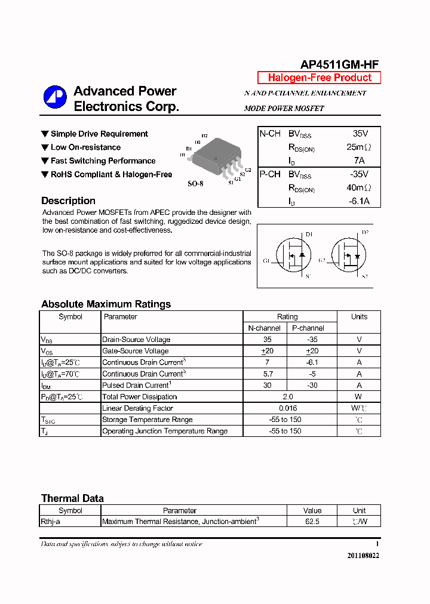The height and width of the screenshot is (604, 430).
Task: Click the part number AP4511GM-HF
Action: click(339, 65)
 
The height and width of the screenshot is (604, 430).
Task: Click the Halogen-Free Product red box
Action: click(319, 78)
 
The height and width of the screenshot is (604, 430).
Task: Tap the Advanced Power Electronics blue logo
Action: click(55, 98)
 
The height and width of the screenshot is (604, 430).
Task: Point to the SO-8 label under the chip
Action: click(195, 184)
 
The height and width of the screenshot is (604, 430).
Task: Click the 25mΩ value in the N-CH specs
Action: click(358, 147)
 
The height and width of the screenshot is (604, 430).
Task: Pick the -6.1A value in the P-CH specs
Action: click(359, 201)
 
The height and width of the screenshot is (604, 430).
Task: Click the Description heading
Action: click(68, 201)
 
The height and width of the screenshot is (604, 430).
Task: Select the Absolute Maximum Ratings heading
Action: click(106, 304)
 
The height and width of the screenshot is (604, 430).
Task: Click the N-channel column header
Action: click(264, 328)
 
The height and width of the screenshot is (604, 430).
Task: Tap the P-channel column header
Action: click(308, 328)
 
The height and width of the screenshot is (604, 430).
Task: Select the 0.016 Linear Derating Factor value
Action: click(288, 408)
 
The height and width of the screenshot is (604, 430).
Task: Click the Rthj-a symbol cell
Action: click(51, 522)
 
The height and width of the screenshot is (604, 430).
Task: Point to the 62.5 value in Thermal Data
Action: click(312, 522)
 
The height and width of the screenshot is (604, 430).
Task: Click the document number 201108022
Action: click(363, 556)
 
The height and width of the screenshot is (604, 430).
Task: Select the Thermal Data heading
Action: click(72, 498)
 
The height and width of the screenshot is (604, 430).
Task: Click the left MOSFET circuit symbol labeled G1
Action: click(292, 255)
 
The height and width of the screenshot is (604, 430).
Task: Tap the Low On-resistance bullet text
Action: click(85, 147)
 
